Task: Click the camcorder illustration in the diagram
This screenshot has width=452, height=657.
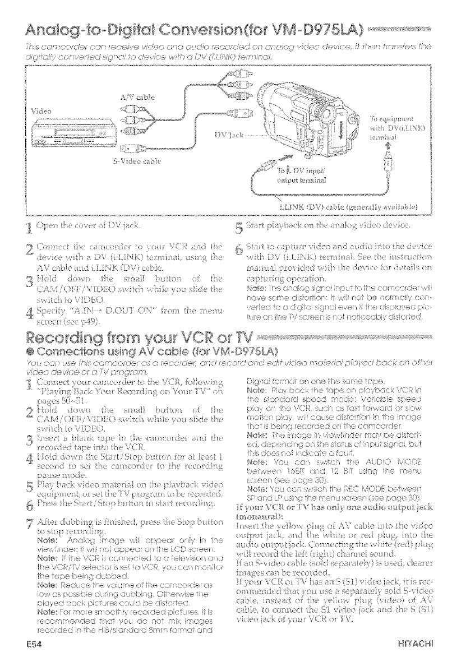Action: [306, 112]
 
